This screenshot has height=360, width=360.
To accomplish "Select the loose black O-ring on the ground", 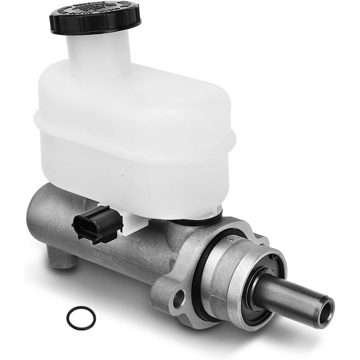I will [x=81, y=317].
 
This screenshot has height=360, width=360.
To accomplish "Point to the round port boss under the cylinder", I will [x=62, y=256].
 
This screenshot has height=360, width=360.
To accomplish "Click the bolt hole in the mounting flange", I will [x=179, y=299].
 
